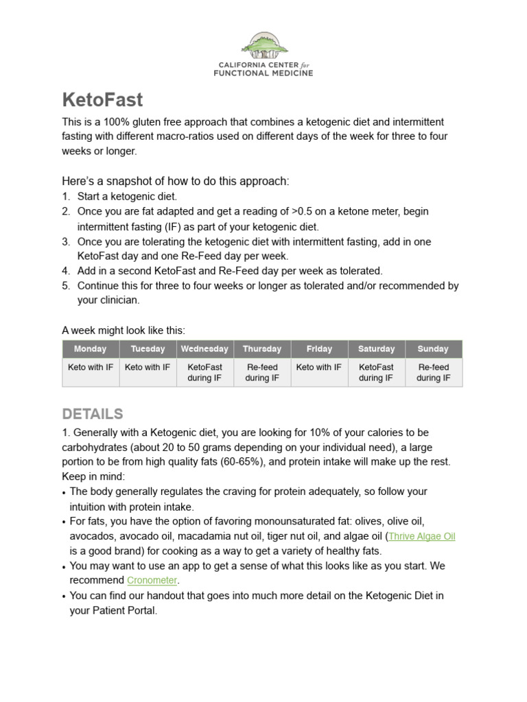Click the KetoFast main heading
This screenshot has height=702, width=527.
click(102, 100)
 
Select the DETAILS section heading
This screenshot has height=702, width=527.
click(93, 414)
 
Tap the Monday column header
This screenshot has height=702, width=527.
click(91, 349)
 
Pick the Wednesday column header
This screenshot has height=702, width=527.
click(204, 349)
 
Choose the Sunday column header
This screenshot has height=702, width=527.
click(433, 349)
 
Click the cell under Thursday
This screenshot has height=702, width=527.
click(262, 372)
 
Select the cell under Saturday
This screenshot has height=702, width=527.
click(376, 372)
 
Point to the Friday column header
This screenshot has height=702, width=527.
click(320, 349)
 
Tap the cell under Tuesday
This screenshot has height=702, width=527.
click(148, 367)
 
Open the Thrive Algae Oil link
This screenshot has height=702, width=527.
click(422, 536)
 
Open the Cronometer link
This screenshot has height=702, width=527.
click(152, 581)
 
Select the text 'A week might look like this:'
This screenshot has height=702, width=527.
click(124, 330)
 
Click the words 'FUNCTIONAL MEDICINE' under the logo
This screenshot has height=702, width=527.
click(264, 73)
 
